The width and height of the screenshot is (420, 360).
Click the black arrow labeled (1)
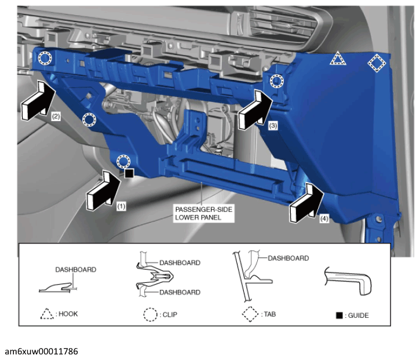[103, 191]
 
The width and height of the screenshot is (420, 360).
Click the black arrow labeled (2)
[38, 101]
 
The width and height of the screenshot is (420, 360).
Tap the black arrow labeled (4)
[306, 203]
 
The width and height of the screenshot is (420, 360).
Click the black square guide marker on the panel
[129, 173]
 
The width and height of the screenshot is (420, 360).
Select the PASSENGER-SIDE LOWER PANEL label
[203, 213]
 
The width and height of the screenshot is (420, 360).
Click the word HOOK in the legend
[68, 314]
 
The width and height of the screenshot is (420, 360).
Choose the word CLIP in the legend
[170, 314]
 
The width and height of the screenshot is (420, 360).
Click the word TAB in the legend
[270, 314]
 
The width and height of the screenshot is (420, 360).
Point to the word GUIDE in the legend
[358, 315]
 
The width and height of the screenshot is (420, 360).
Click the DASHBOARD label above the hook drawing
[75, 270]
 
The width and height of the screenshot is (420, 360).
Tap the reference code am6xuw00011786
[42, 351]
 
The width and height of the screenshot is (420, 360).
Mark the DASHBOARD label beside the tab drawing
[288, 258]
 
